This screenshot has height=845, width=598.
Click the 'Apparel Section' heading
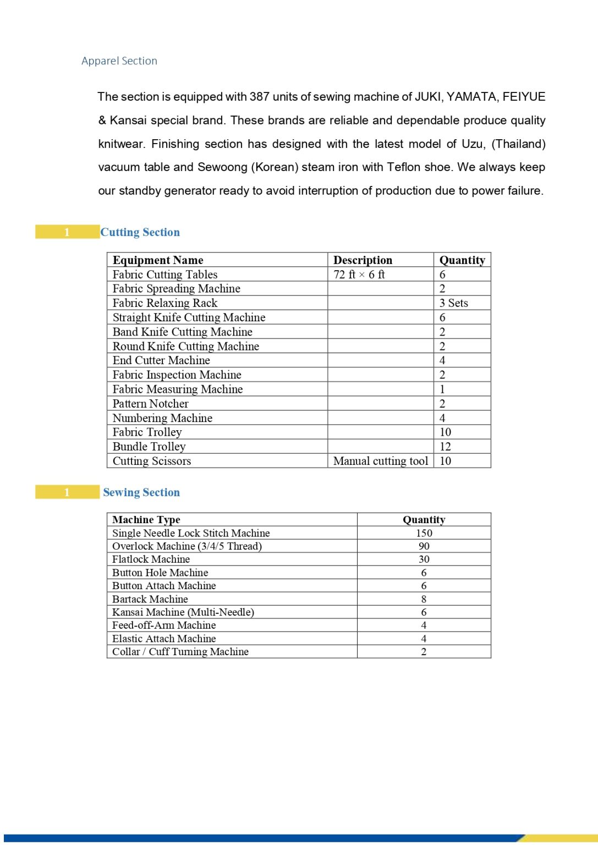pos(119,61)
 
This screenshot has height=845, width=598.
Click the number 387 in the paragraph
pos(259,97)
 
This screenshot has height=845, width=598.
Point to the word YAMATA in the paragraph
pos(471,97)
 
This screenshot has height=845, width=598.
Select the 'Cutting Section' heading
pos(140,232)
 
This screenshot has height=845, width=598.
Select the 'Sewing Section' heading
pos(141,492)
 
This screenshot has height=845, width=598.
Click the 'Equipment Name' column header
pos(158,260)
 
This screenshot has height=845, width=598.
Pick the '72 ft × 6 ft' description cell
pos(359,275)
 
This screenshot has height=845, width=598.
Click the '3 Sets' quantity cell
pos(453,303)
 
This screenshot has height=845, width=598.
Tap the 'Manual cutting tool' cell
pos(381,461)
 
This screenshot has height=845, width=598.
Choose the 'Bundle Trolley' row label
pos(149,447)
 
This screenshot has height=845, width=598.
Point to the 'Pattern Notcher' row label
pos(150,404)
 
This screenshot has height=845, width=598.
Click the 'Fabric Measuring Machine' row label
pos(178,389)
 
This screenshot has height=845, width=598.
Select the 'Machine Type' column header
pos(146,520)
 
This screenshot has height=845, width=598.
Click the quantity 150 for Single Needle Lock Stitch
pos(424,533)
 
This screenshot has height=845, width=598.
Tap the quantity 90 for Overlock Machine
pos(424,546)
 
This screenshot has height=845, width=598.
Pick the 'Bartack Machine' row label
pos(150,599)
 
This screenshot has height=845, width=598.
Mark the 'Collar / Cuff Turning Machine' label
pos(180,652)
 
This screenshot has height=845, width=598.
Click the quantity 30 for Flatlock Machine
pos(424,559)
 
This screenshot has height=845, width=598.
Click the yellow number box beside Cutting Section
pos(67,232)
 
